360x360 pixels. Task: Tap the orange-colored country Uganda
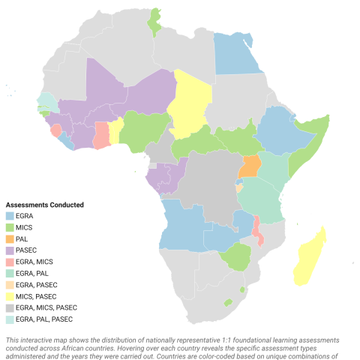click(x=250, y=166)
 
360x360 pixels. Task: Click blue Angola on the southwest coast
click(x=180, y=225)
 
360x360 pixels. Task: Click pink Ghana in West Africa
click(x=102, y=136)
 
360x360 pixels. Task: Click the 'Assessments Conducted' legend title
click(x=44, y=205)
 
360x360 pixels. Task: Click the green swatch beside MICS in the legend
click(x=10, y=226)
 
